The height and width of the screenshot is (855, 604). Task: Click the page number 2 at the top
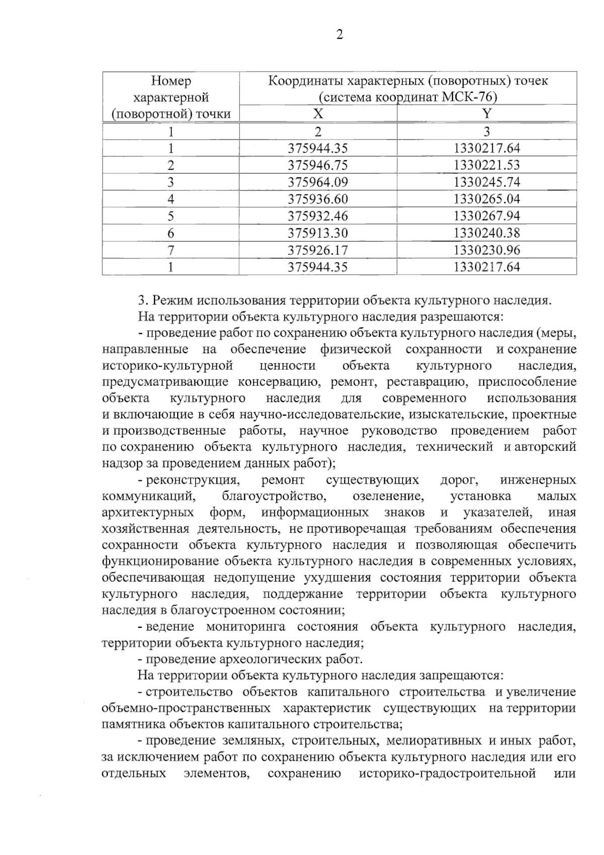coord(339,35)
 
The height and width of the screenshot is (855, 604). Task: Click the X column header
coord(318,114)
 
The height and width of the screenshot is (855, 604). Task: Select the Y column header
coord(486,114)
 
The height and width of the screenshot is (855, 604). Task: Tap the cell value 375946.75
coord(318,165)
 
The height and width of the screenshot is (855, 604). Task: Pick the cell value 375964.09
coord(318,182)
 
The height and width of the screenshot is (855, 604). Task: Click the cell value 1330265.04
coord(486,199)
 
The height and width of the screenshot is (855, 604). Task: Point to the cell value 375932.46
coord(318,216)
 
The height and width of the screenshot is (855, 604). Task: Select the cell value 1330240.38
coord(486,233)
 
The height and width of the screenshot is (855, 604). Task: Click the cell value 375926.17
coord(318,250)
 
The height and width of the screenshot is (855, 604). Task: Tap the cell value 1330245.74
coord(486,182)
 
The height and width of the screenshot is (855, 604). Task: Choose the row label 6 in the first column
coord(171,233)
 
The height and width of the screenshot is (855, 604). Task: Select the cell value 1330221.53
coord(486,165)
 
